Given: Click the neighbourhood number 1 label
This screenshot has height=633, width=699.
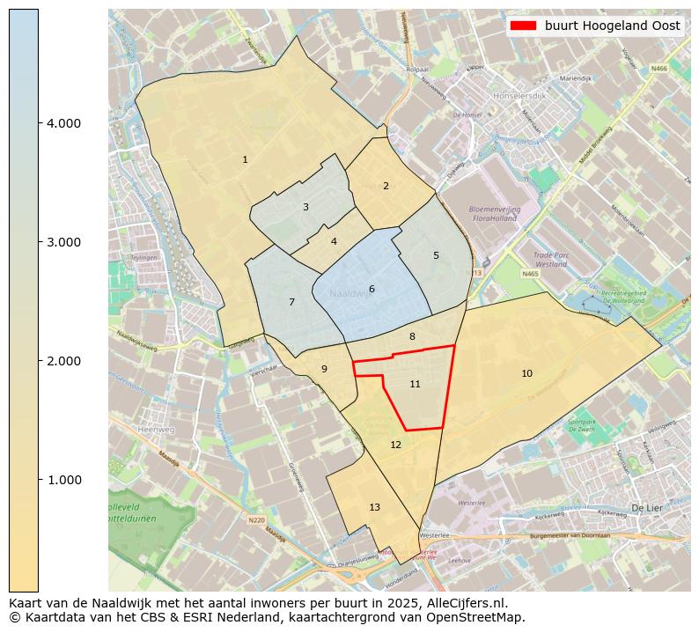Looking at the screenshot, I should coord(245,159).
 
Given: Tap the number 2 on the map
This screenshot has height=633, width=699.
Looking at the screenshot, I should coord(385,186).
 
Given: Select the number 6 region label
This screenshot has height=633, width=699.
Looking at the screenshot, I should coord(372,289).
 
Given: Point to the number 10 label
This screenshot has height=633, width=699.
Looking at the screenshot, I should coord(526,373).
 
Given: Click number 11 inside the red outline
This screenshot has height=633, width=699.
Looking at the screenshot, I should coord(415,384).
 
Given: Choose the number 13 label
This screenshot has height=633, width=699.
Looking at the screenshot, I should coord(374,507).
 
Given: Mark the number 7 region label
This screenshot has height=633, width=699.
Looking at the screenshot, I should coord(291,302).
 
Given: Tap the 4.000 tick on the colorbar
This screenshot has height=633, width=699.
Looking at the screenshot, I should coord(63,123).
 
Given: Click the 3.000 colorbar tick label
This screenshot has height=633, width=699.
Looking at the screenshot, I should coord(63,242).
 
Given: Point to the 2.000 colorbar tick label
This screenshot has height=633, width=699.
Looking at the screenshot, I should coord(63,361).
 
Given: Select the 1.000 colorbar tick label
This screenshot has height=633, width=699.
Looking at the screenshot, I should coord(63,480).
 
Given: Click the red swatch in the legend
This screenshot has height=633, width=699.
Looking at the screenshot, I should coord(524,26).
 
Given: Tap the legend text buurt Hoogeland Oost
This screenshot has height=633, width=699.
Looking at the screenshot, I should coord(612,26).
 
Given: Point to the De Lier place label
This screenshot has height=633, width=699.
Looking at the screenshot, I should coord(647,508).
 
